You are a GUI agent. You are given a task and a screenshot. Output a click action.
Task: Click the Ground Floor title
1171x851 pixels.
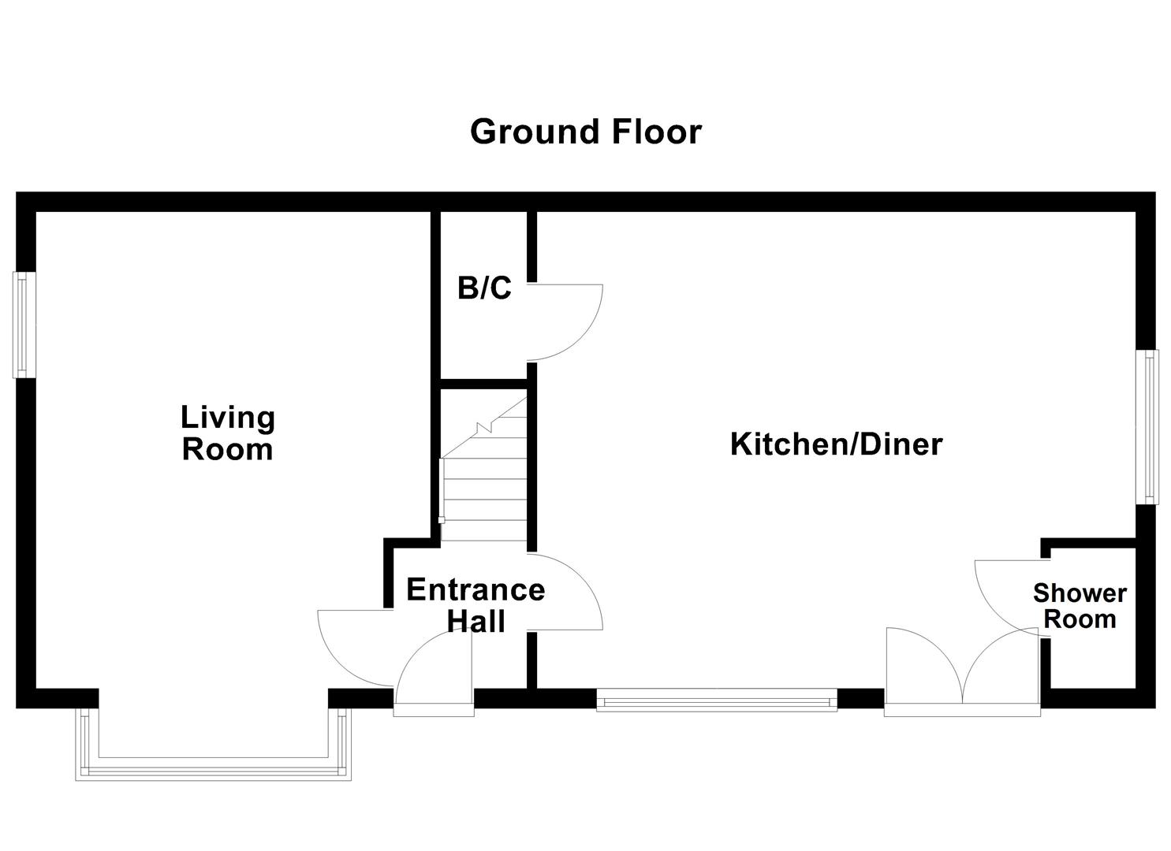[585, 132]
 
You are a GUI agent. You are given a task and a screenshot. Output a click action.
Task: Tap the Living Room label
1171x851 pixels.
[227, 433]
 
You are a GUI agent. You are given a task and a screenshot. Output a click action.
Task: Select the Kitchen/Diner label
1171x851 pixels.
[836, 444]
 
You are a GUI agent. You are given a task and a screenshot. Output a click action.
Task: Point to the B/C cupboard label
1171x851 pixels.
[484, 288]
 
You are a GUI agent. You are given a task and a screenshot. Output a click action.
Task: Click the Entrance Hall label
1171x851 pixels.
[475, 605]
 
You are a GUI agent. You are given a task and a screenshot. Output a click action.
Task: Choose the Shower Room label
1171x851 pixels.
[1080, 606]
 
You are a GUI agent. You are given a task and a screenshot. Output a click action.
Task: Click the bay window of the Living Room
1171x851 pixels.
[213, 764]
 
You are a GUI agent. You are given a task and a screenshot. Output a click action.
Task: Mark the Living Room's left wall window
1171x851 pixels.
[24, 325]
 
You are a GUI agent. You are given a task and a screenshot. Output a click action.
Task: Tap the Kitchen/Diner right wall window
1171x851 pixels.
[1152, 426]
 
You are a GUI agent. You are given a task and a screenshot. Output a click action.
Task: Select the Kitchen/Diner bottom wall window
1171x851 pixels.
[716, 700]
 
